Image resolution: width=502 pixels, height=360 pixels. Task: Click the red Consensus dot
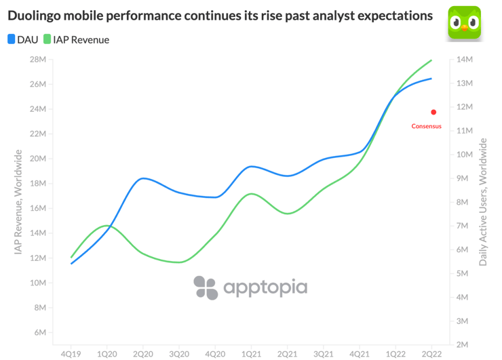coord(433,112)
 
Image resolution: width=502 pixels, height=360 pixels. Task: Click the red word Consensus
coord(427,126)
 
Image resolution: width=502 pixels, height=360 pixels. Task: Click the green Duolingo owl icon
coord(465,22)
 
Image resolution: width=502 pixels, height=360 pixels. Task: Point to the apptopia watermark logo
coord(250,287)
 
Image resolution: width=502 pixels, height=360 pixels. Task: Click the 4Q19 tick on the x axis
coord(71,353)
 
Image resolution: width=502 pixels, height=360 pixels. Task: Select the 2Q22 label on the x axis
coord(431,353)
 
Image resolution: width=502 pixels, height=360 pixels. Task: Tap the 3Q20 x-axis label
coord(179,353)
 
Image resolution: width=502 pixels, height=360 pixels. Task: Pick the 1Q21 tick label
coord(251,353)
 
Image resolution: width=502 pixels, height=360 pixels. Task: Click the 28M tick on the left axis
coord(37,60)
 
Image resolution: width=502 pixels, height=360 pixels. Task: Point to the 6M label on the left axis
coord(39,333)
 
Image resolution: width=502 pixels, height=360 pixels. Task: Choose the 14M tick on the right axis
coord(465,60)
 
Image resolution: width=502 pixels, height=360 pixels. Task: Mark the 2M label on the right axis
coord(463,344)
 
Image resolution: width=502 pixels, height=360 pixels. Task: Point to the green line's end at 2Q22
coord(432,60)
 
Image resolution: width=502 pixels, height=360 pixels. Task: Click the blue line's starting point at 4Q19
coord(71,263)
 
